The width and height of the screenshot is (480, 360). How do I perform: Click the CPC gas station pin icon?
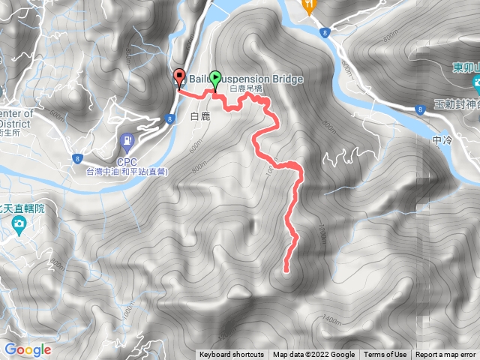(128, 139)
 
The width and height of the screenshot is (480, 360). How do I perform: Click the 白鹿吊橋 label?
(246, 88)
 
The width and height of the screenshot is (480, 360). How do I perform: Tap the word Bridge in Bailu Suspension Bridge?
(283, 79)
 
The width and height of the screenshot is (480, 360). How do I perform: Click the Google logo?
(27, 349)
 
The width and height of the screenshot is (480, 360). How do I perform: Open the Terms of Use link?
(385, 355)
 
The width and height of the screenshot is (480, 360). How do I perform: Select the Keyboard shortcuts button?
(232, 355)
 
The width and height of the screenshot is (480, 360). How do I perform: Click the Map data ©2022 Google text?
(313, 355)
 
